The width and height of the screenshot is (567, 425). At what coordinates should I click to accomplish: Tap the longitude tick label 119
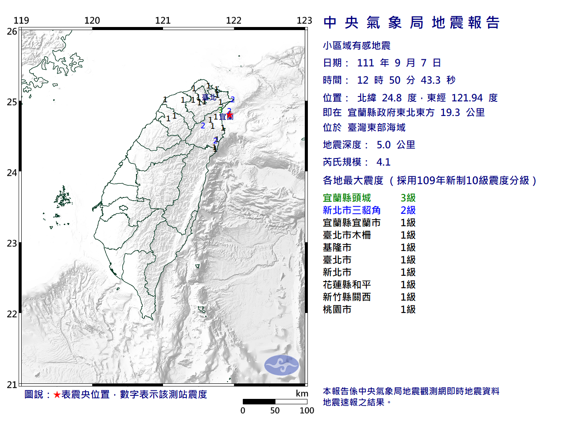click(x=21, y=20)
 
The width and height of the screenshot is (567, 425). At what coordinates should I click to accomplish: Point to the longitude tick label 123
click(x=304, y=20)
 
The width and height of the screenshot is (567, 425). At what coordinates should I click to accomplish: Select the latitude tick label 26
click(x=12, y=31)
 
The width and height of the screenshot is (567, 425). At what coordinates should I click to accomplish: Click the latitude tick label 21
click(x=12, y=385)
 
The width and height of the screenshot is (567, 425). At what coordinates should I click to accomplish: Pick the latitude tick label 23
click(x=12, y=243)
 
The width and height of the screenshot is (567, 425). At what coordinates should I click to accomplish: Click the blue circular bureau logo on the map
click(x=282, y=365)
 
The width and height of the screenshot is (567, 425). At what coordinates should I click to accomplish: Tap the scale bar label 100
click(x=307, y=410)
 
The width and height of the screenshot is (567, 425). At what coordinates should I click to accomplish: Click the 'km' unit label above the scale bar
click(x=302, y=394)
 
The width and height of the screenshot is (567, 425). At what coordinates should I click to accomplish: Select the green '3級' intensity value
click(x=408, y=198)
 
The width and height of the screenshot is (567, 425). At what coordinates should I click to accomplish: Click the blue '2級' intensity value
click(x=408, y=210)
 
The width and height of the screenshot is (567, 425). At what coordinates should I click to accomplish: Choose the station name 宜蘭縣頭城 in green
click(x=347, y=198)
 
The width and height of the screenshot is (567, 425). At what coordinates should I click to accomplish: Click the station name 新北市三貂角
click(x=352, y=210)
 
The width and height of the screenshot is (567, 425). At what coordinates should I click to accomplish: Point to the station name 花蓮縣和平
click(x=347, y=285)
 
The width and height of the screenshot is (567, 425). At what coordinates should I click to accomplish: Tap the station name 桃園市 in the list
click(x=337, y=309)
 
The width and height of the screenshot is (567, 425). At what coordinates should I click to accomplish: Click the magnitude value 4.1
click(x=384, y=162)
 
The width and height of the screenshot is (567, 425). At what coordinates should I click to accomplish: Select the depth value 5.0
click(x=384, y=145)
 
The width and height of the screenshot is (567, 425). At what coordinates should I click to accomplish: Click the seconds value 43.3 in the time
click(x=431, y=80)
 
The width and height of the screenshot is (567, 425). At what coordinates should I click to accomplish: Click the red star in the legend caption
click(x=57, y=394)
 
